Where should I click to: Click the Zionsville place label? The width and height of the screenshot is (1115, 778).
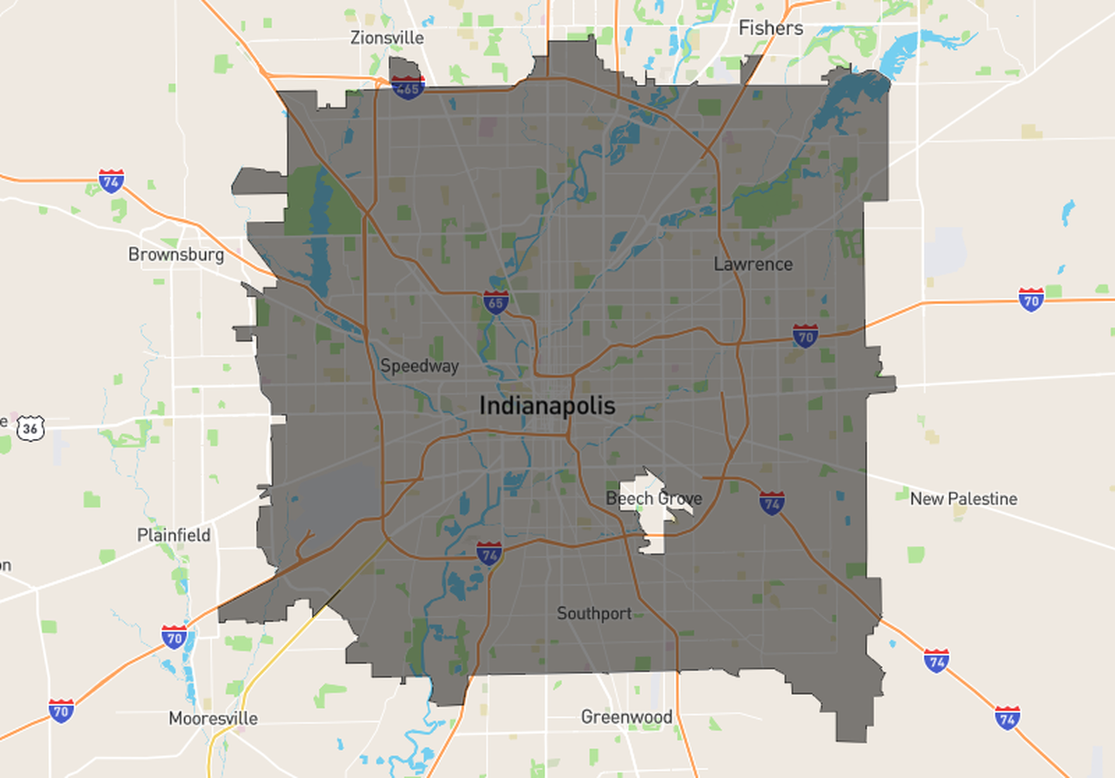[x=386, y=37]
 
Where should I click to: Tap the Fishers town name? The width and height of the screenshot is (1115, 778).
[x=770, y=28]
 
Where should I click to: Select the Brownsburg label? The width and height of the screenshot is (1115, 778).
[x=176, y=254]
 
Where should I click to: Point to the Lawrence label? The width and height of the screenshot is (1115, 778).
[x=753, y=265]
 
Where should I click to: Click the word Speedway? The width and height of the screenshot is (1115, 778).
[x=419, y=366]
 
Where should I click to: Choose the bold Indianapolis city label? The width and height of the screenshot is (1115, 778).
[x=547, y=405]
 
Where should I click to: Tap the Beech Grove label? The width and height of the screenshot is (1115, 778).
[x=654, y=499]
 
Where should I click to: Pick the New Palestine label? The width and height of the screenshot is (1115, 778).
[x=963, y=499]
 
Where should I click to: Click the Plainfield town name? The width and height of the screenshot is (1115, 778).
[x=173, y=535]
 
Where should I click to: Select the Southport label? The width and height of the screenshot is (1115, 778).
[x=594, y=613]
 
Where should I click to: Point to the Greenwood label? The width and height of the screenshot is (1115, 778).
[x=627, y=717]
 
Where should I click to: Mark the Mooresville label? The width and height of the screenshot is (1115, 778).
[x=213, y=718]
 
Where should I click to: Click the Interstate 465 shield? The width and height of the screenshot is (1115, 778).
[x=407, y=87]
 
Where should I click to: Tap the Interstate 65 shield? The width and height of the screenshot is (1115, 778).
[x=496, y=302]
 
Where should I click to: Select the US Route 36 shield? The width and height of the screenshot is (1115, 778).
[x=30, y=428]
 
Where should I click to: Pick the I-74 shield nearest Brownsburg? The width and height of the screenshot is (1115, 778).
[x=111, y=181]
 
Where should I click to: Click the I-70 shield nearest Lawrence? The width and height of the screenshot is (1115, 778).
[x=805, y=336]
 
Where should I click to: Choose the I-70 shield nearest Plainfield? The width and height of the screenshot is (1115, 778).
[x=174, y=638]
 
